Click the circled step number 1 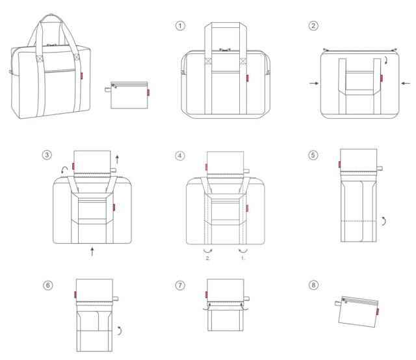[x=181, y=26]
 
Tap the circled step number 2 [x=313, y=26]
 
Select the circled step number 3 [x=47, y=155]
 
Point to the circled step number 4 [x=180, y=155]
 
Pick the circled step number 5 [x=313, y=155]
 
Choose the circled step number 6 [x=48, y=285]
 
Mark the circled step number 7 [x=181, y=285]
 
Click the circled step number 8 [x=313, y=285]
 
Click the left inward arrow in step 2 [x=314, y=83]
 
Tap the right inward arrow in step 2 [x=406, y=83]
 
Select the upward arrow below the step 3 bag [x=92, y=251]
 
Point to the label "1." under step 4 [x=243, y=258]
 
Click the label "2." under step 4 [x=208, y=258]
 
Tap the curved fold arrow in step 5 [x=384, y=221]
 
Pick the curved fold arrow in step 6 [x=120, y=331]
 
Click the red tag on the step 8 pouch [x=378, y=312]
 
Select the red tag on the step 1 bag [x=247, y=78]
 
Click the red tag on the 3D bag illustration [x=81, y=76]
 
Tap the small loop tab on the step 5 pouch [x=380, y=168]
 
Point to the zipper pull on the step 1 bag [x=225, y=49]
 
